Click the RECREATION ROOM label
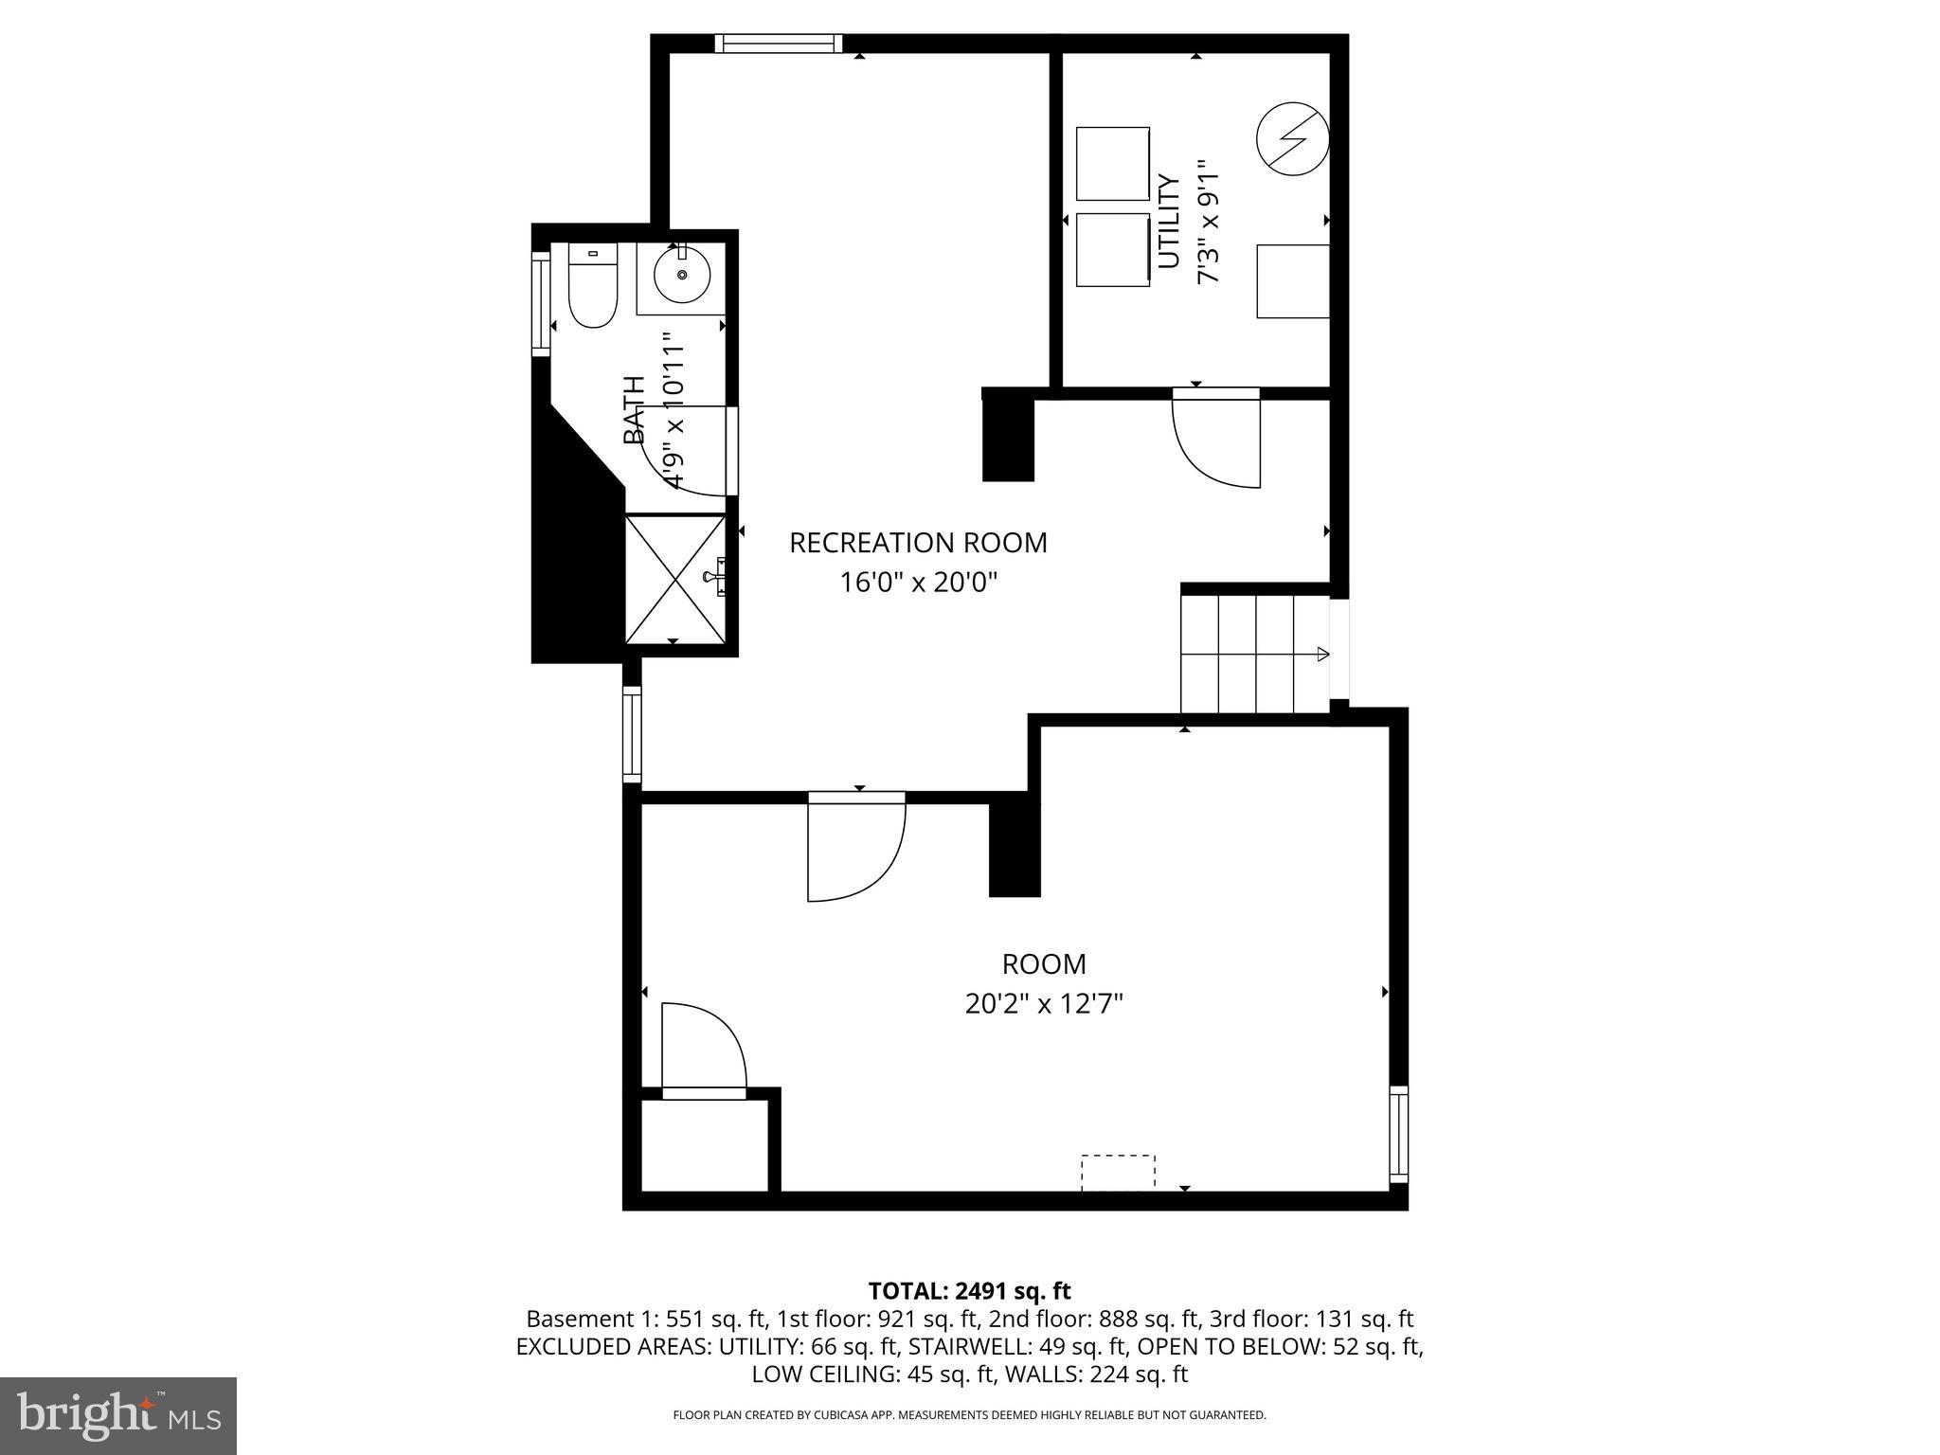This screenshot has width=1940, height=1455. pos(918,543)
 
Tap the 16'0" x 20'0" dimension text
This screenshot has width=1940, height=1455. pos(918,582)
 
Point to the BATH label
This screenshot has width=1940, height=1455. pos(634,409)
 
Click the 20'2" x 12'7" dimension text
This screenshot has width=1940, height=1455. pos(1044,1003)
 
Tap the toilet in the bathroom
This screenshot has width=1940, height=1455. pos(593,285)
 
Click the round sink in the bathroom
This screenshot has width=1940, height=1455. pos(681,276)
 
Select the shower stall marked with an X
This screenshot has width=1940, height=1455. pos(674,579)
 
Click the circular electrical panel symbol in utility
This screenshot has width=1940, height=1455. pos(1292,140)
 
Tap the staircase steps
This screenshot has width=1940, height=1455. pos(1237,654)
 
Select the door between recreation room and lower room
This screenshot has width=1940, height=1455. pos(855,848)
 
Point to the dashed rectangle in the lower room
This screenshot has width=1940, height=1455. pos(1118,1171)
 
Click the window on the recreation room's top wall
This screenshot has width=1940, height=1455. pos(778,43)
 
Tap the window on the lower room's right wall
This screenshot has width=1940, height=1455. pos(1397,1134)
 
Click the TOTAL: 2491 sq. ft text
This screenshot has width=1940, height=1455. pos(969,1290)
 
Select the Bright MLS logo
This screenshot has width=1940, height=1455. pos(118,1415)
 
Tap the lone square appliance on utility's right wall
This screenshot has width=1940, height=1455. pos(1292,281)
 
